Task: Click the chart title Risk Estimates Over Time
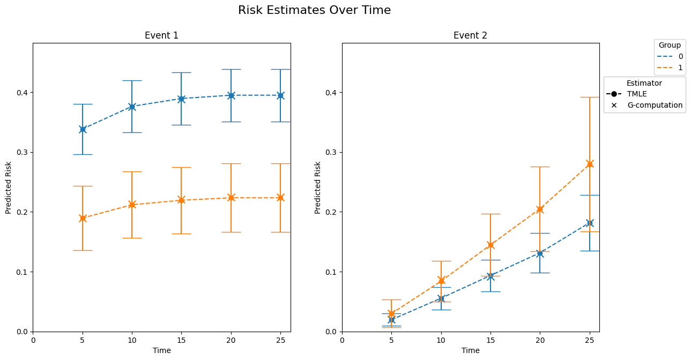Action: [314, 10]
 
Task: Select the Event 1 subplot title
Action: [162, 35]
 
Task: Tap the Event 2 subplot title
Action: [471, 35]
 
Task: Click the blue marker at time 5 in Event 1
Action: [83, 130]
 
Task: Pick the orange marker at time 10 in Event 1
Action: [132, 205]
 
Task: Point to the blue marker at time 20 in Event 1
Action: [231, 95]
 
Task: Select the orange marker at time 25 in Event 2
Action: [590, 164]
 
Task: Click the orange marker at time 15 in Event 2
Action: [491, 245]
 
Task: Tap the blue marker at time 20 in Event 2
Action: [540, 254]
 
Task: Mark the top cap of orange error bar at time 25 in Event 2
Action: [590, 97]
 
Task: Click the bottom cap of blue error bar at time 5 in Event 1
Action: [83, 154]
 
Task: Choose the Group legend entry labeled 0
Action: [670, 56]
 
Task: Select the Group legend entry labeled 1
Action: [670, 67]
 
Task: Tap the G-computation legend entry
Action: [645, 105]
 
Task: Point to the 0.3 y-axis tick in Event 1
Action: [24, 153]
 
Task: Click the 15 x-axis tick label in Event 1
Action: [181, 340]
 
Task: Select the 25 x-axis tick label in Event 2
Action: [590, 340]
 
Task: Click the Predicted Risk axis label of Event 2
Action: [317, 187]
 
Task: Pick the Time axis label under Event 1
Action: [162, 351]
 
